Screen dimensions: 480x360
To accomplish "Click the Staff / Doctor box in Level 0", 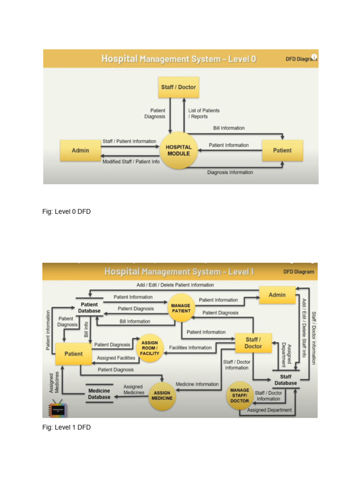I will point(179,87).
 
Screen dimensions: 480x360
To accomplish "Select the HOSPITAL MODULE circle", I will point(179,150).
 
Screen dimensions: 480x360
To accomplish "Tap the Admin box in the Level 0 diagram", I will point(80,150).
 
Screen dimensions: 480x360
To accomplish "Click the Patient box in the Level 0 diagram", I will point(282,150).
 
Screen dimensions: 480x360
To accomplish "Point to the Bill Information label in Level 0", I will point(229,128).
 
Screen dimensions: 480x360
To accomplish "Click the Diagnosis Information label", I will point(230,172).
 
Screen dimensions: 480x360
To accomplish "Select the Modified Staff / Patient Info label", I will point(131,162).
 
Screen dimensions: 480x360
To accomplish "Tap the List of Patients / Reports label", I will point(204,113).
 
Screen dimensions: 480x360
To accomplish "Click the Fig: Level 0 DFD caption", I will point(67,211).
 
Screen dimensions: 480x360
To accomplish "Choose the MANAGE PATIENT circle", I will point(180,308).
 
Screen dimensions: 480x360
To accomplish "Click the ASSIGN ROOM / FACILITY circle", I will point(150,348).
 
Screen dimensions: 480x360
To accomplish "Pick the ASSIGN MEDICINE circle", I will point(162,396).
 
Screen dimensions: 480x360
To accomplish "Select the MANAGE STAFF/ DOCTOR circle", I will point(240,395).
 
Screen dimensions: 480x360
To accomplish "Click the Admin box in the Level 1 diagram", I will point(277,295).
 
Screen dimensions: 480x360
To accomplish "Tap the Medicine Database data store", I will point(99,394).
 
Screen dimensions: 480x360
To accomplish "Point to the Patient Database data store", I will point(89,307).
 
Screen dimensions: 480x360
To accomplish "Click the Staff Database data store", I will point(285,380).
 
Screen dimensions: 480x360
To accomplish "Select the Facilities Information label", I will point(190,348).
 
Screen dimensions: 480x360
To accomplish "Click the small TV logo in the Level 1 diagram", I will point(58,409).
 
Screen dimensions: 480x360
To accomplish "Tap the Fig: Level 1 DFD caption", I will point(67,427).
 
